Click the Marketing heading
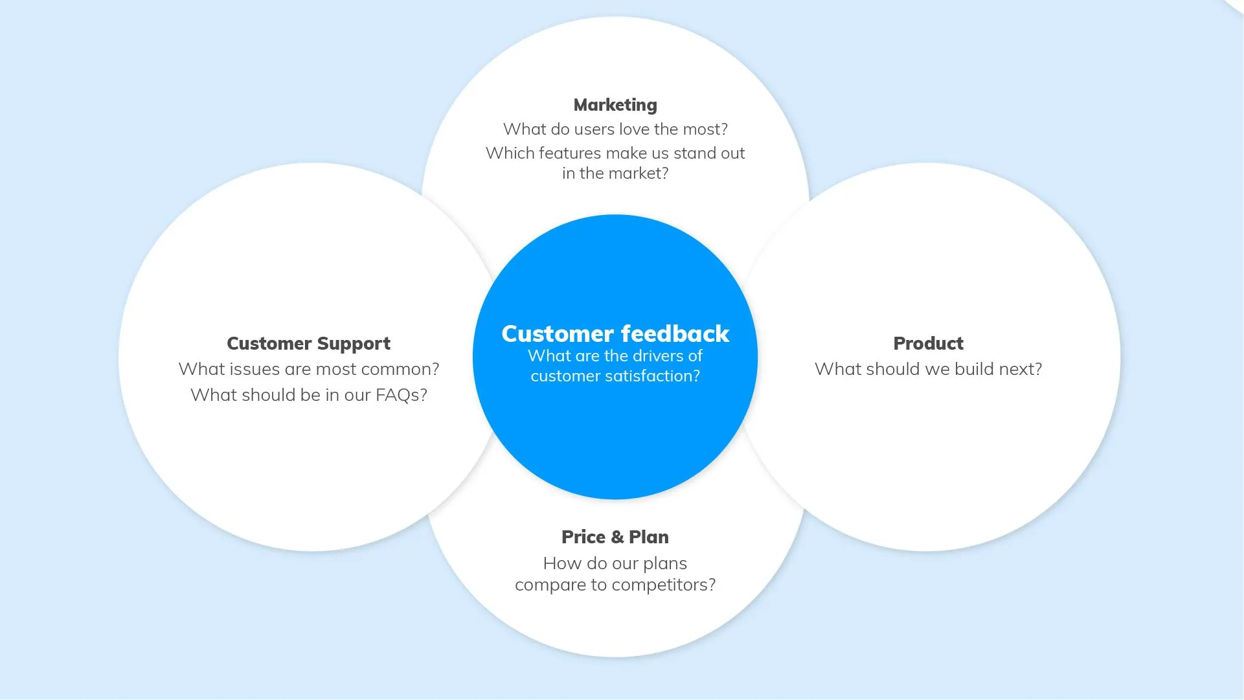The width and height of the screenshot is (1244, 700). click(x=615, y=105)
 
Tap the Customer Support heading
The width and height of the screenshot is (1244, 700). click(x=308, y=343)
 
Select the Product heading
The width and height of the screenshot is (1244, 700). click(x=928, y=343)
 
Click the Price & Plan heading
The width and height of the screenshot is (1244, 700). click(x=615, y=537)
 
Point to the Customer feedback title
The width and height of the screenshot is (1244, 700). click(x=615, y=333)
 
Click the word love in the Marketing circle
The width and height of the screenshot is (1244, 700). click(x=634, y=129)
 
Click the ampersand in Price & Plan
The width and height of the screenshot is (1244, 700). click(x=617, y=537)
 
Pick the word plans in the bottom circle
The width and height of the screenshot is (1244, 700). click(x=665, y=563)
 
